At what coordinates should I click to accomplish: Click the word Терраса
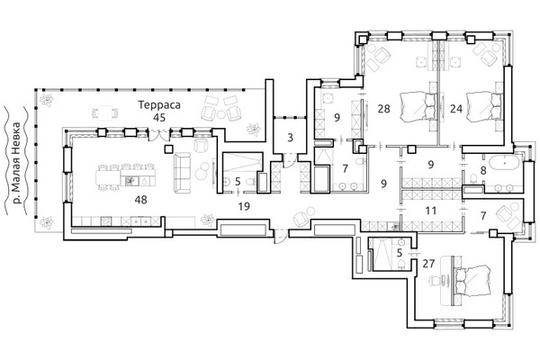(159, 104)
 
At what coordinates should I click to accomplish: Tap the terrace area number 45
(159, 118)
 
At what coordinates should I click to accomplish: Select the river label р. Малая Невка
(15, 163)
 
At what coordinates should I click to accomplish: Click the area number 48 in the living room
(141, 200)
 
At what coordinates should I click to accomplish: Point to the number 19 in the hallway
(244, 206)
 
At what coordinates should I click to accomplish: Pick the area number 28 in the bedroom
(383, 109)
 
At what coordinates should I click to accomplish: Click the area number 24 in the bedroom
(456, 109)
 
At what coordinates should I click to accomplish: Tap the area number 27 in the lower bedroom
(428, 264)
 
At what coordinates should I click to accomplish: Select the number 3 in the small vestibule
(290, 138)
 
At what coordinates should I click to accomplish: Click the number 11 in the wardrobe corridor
(430, 210)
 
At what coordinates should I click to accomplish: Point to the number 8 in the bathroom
(483, 170)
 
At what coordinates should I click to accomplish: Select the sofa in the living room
(182, 174)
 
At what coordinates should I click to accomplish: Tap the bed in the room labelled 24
(483, 107)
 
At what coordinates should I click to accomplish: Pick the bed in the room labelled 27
(472, 280)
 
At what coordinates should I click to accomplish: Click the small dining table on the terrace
(105, 112)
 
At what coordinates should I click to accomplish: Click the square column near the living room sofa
(168, 148)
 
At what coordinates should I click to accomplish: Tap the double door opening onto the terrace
(158, 135)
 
